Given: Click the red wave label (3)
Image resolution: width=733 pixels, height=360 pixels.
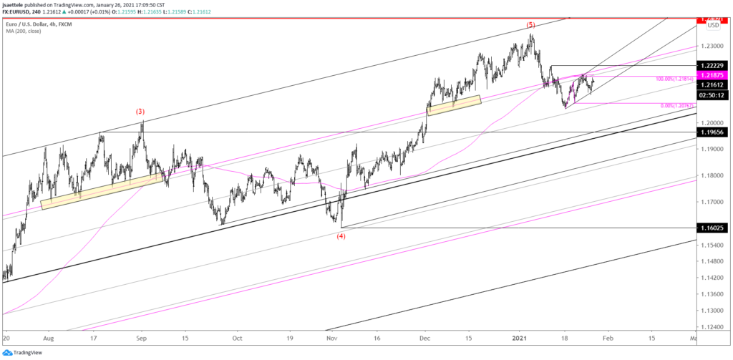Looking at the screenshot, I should click(141, 111).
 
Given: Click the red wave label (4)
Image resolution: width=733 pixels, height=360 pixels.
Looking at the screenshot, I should click(341, 236).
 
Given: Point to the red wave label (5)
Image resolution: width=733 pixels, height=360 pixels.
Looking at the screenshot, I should click(530, 25).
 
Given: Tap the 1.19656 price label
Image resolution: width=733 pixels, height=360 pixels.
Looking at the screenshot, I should click(713, 133).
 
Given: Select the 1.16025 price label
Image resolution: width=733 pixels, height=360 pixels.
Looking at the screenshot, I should click(713, 228).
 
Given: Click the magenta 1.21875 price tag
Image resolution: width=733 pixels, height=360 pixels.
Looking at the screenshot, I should click(713, 75).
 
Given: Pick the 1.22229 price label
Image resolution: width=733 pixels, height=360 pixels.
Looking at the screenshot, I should click(713, 65).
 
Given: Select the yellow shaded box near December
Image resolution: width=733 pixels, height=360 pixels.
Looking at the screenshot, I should click(453, 104).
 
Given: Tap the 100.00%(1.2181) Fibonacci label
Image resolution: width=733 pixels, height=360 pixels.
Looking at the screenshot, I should click(674, 79).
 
